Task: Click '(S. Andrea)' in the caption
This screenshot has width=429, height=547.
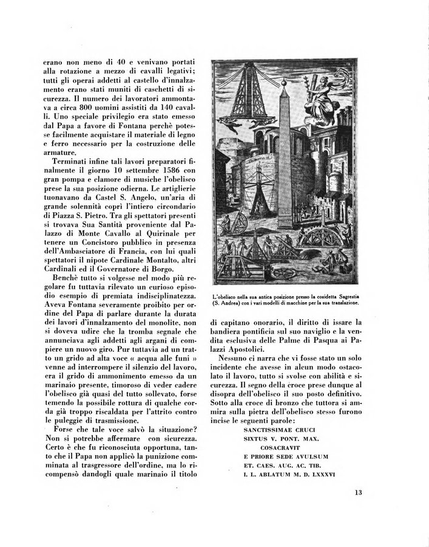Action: tap(229, 302)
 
